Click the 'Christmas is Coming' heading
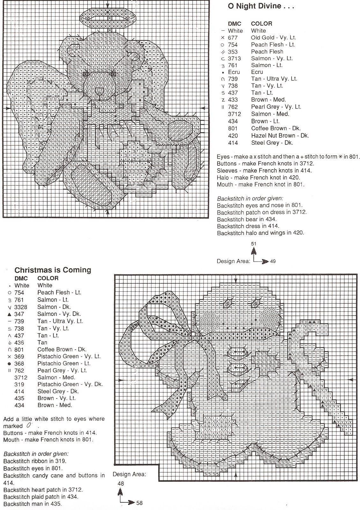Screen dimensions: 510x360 pyautogui.click(x=53, y=270)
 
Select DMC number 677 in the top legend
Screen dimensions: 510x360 pyautogui.click(x=233, y=38)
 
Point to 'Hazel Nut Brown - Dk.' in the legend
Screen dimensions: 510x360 pyautogui.click(x=280, y=135)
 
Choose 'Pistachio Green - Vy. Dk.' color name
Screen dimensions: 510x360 pyautogui.click(x=70, y=384)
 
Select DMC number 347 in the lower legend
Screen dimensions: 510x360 pyautogui.click(x=19, y=314)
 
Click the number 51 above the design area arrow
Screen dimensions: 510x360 pyautogui.click(x=254, y=244)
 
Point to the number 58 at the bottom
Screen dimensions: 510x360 pyautogui.click(x=139, y=503)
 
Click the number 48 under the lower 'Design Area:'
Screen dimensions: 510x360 pyautogui.click(x=121, y=484)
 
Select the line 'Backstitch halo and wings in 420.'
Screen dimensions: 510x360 pyautogui.click(x=261, y=233)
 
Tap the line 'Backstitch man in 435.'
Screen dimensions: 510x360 pyautogui.click(x=33, y=504)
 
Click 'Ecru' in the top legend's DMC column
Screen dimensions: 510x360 pyautogui.click(x=234, y=72)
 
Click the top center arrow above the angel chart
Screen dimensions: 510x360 pyautogui.click(x=108, y=5)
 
